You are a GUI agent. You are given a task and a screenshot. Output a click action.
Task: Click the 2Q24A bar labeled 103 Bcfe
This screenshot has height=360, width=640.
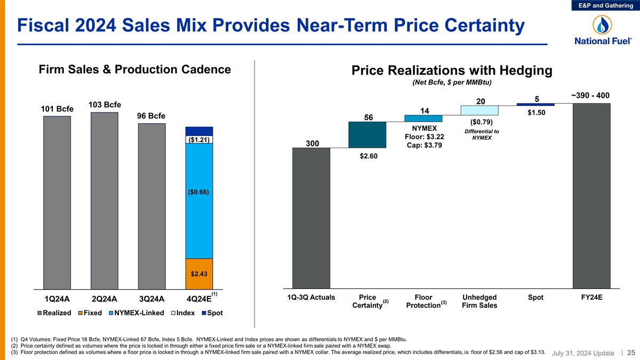click(x=105, y=200)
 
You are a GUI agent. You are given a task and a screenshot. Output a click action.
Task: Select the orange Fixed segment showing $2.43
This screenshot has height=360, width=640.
click(x=199, y=273)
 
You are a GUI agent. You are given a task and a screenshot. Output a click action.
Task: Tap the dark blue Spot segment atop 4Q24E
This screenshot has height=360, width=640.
click(x=199, y=131)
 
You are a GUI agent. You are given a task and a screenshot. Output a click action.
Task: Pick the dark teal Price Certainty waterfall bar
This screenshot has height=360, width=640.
click(x=367, y=134)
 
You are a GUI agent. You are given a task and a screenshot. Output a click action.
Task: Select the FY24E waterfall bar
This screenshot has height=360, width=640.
click(x=591, y=195)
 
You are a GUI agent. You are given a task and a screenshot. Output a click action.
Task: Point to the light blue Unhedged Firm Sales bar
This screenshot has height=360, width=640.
click(x=479, y=110)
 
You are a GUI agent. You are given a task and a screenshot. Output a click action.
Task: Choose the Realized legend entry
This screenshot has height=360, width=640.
click(x=55, y=313)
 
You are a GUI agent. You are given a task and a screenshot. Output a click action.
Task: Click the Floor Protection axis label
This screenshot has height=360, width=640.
click(x=423, y=301)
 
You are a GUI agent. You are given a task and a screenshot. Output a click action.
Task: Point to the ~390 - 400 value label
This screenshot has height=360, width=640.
click(x=590, y=95)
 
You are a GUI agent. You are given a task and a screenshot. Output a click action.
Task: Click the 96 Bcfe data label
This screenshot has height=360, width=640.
click(x=151, y=116)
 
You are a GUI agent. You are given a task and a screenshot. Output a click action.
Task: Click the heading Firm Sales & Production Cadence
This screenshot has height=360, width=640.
click(x=135, y=70)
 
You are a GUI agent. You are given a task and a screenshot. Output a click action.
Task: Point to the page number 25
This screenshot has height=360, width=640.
click(x=631, y=352)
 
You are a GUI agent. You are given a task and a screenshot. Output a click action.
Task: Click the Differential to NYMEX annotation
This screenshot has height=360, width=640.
click(x=481, y=134)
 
